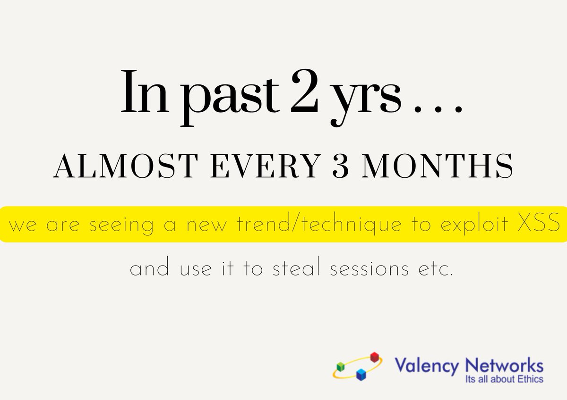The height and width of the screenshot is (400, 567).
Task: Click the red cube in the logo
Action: tap(375, 357)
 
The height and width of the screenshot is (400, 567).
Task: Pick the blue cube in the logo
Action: tap(361, 375)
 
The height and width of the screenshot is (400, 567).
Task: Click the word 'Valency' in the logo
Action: tap(426, 366)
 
